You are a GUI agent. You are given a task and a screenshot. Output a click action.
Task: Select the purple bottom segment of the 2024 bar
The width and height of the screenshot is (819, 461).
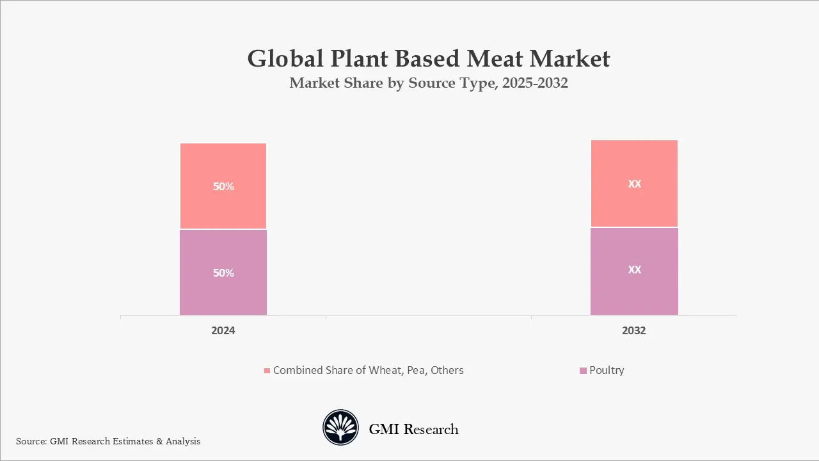223,295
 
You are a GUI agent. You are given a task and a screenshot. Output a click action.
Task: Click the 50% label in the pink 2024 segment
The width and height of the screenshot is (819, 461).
223,187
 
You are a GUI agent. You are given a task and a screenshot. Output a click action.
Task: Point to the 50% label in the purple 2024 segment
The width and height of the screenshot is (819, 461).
223,273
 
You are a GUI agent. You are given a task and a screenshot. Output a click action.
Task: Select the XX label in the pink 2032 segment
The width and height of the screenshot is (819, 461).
634,184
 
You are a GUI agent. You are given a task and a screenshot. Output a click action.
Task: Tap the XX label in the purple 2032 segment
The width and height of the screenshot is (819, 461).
634,270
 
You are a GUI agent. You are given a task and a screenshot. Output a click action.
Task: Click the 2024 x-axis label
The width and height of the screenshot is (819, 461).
223,331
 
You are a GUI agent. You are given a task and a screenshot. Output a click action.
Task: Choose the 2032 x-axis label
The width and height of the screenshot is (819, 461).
634,331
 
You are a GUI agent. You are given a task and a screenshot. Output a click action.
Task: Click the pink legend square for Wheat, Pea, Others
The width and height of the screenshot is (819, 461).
267,371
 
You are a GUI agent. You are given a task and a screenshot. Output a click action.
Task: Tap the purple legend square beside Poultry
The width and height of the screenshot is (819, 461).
582,371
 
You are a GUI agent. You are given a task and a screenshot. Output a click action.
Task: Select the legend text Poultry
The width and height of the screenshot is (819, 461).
607,370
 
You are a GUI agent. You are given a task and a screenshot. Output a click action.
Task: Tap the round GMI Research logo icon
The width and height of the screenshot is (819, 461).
340,428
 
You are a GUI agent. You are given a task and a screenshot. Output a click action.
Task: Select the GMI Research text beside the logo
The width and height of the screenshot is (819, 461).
413,429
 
